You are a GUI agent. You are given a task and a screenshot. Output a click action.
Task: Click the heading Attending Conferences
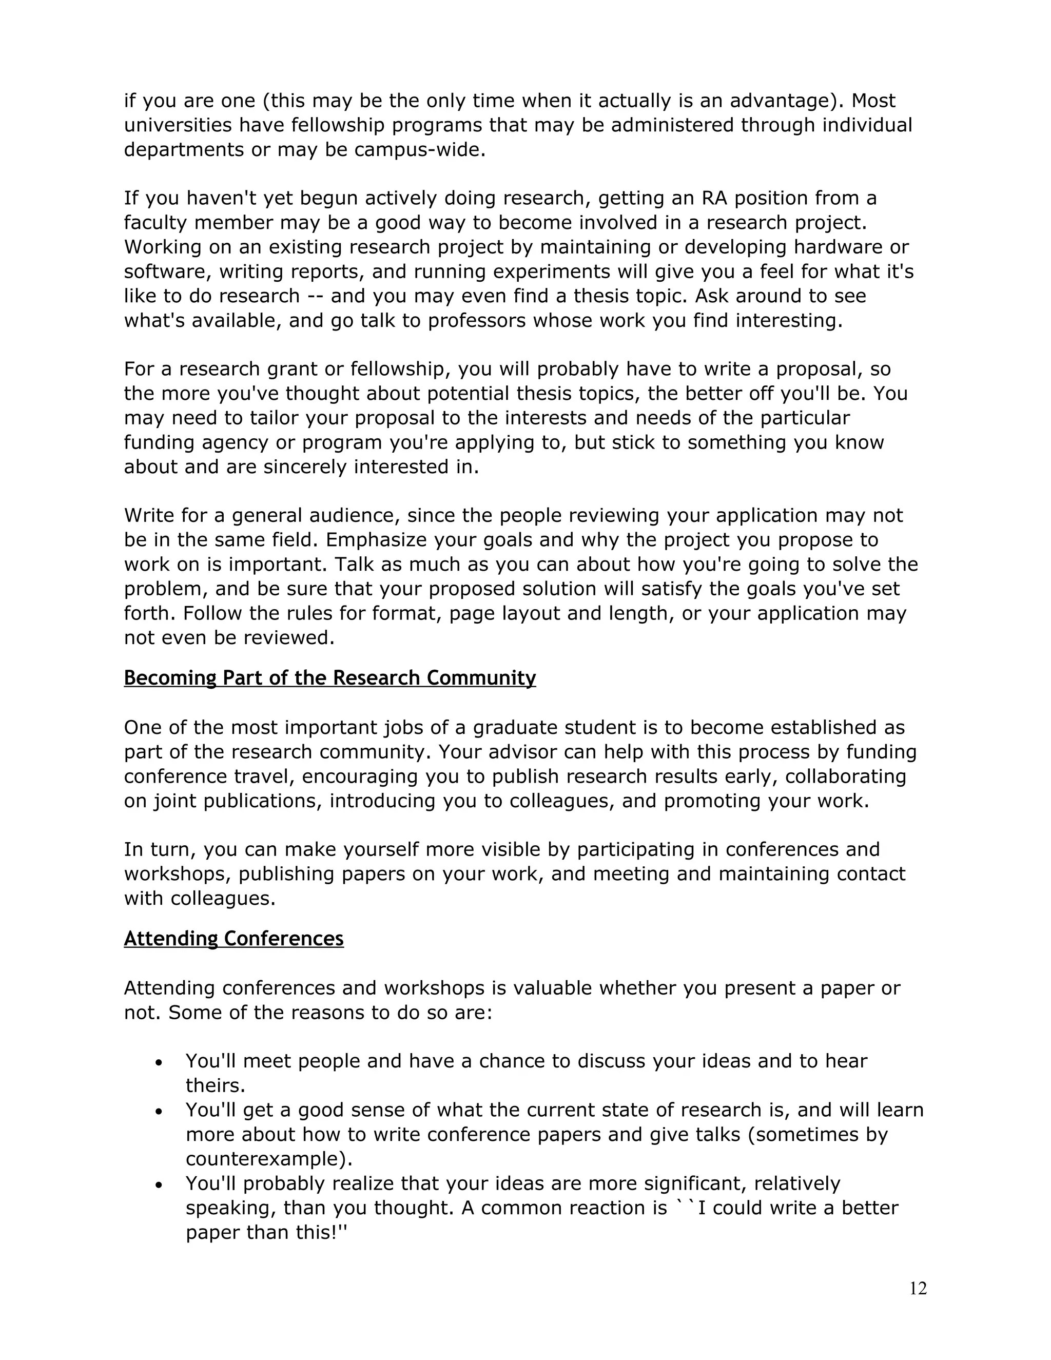pos(233,939)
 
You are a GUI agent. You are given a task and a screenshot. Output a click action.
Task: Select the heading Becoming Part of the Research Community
pos(329,677)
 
